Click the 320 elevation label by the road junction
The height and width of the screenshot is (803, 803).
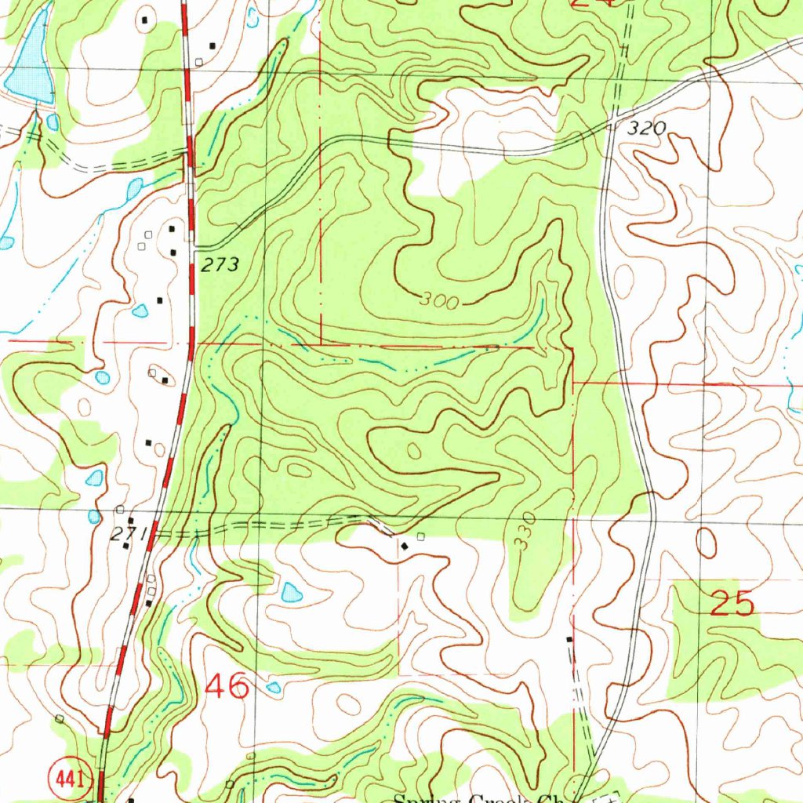(648, 129)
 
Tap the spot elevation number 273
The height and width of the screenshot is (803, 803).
(219, 265)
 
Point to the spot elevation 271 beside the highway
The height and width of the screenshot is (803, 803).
(123, 535)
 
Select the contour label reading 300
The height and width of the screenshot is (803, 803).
(438, 300)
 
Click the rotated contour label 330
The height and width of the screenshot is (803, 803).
(525, 530)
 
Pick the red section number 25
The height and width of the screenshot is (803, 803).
(732, 604)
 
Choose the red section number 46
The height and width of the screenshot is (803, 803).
(227, 688)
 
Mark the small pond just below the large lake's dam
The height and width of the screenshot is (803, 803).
(53, 122)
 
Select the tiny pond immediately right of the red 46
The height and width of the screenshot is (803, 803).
(273, 688)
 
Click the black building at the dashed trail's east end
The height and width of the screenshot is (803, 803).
(404, 544)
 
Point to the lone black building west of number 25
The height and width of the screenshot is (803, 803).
(569, 640)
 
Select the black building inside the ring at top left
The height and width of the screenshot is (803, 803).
(144, 19)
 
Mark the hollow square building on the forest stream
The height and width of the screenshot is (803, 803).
(492, 347)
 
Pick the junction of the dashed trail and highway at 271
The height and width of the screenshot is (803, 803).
(157, 533)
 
